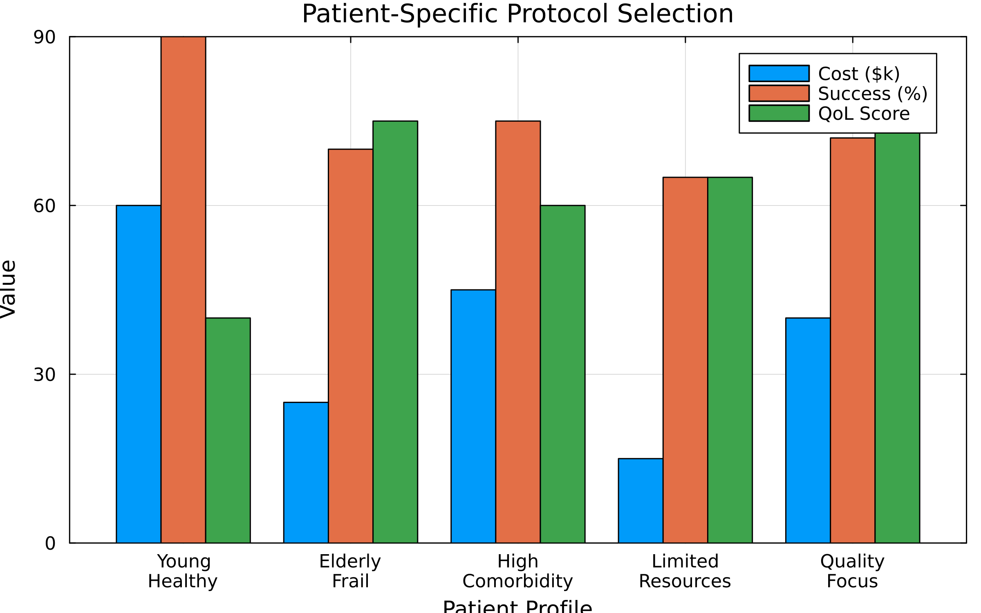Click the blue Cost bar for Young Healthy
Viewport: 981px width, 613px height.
tap(138, 374)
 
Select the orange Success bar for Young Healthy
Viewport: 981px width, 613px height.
tap(183, 290)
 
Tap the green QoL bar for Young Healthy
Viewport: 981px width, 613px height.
tap(228, 430)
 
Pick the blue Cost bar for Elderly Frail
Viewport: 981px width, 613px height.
tap(306, 472)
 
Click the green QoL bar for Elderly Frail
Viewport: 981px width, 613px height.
tap(395, 332)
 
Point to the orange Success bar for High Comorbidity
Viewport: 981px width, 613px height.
tap(518, 332)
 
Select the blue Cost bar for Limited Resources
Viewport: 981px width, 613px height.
tap(641, 501)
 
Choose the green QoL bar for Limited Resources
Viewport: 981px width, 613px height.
tap(730, 360)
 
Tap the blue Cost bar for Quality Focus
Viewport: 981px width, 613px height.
tap(808, 430)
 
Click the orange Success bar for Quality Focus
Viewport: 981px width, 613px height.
tap(853, 340)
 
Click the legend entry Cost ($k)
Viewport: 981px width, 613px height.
tap(859, 74)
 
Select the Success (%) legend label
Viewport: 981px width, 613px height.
tap(873, 94)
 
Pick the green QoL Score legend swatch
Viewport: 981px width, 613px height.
tap(779, 113)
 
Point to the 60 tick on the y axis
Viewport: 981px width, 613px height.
tap(44, 206)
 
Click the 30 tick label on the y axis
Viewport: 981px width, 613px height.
tap(44, 375)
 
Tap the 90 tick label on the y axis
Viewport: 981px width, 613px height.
tap(44, 38)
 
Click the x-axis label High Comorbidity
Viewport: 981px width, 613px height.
tap(517, 571)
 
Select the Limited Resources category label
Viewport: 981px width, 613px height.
tap(685, 571)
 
